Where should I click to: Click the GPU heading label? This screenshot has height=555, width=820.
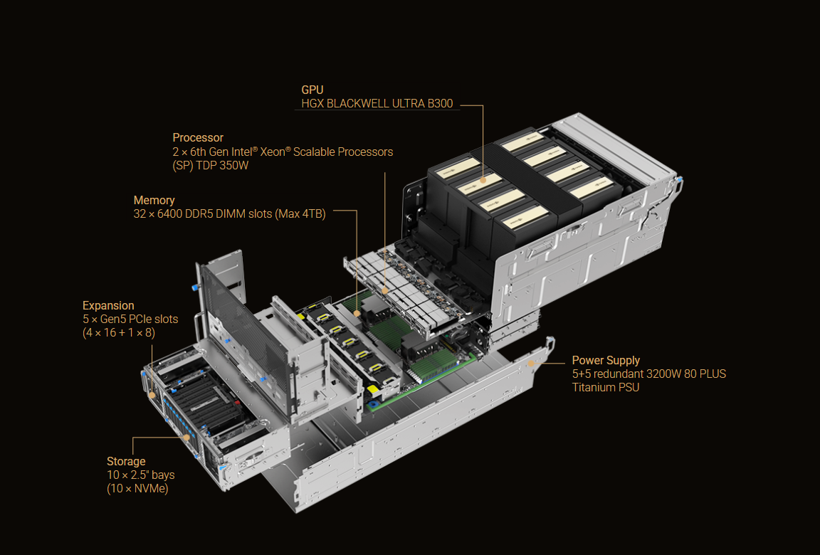coord(312,90)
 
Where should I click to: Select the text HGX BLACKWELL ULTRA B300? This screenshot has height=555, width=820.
coord(377,104)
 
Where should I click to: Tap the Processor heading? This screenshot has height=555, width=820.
coord(198,138)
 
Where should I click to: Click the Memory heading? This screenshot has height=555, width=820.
coord(154,201)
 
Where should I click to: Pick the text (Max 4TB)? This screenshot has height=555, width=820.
coord(300,214)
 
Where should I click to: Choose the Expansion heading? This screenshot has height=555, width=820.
coord(108,306)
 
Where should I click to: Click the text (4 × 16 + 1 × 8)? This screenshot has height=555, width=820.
coord(119,332)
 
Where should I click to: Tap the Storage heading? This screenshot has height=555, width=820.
coord(126,462)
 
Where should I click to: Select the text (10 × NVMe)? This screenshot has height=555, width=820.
coord(137,488)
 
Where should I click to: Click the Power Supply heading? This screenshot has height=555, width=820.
coord(606,361)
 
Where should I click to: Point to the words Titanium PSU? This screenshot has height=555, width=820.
coord(606,387)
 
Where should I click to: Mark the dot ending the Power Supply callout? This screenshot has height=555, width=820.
coord(530,363)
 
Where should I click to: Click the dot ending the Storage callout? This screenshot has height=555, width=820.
coord(188,438)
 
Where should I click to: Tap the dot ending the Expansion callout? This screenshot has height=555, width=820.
coord(152,394)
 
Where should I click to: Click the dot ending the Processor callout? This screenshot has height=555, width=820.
coord(385,290)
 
